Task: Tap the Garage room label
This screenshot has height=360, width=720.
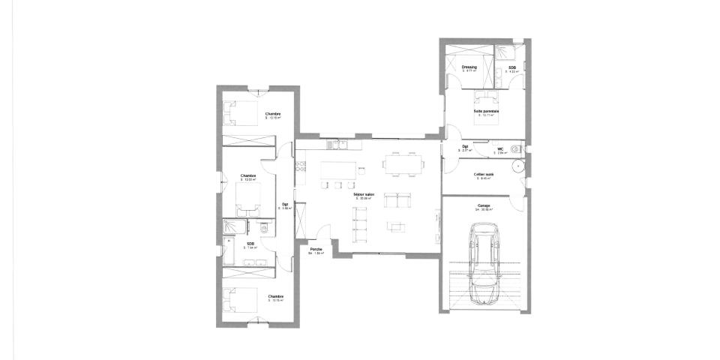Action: click(x=484, y=205)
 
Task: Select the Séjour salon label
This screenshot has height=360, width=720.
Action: click(x=364, y=193)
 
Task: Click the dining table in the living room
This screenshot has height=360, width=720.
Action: click(x=403, y=162)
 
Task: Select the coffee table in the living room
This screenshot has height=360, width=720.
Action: click(x=395, y=226)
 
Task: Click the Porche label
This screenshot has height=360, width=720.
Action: click(x=316, y=250)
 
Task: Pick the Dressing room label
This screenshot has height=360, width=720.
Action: click(x=469, y=67)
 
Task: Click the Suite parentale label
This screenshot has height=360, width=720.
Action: click(x=486, y=111)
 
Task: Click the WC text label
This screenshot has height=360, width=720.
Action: click(x=499, y=148)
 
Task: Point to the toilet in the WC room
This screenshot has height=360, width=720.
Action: click(x=516, y=148)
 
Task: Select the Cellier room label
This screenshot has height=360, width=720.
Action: click(x=483, y=174)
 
